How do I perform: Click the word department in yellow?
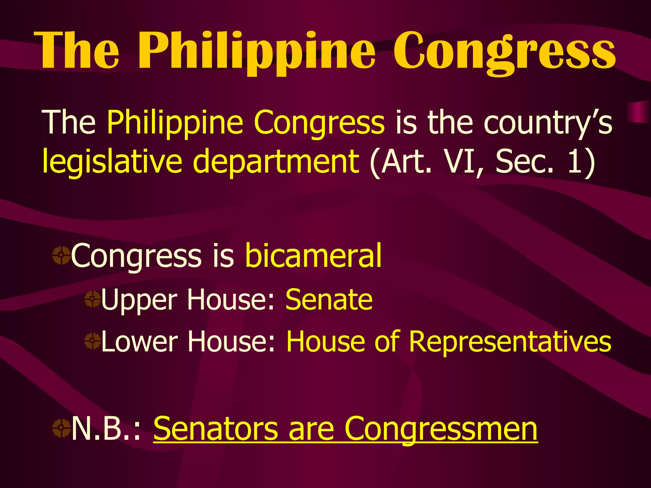click(x=276, y=162)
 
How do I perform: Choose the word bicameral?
click(x=313, y=256)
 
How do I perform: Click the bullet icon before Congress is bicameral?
click(x=61, y=255)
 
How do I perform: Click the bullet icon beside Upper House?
click(x=93, y=299)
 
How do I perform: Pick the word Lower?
click(x=139, y=342)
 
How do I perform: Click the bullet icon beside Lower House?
click(x=93, y=341)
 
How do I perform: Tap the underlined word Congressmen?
click(x=441, y=429)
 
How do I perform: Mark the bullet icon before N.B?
click(x=61, y=428)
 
